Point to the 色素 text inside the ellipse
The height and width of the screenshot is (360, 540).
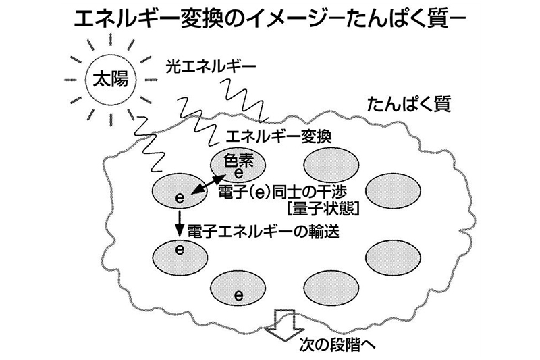237,161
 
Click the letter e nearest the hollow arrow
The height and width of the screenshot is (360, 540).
238,295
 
